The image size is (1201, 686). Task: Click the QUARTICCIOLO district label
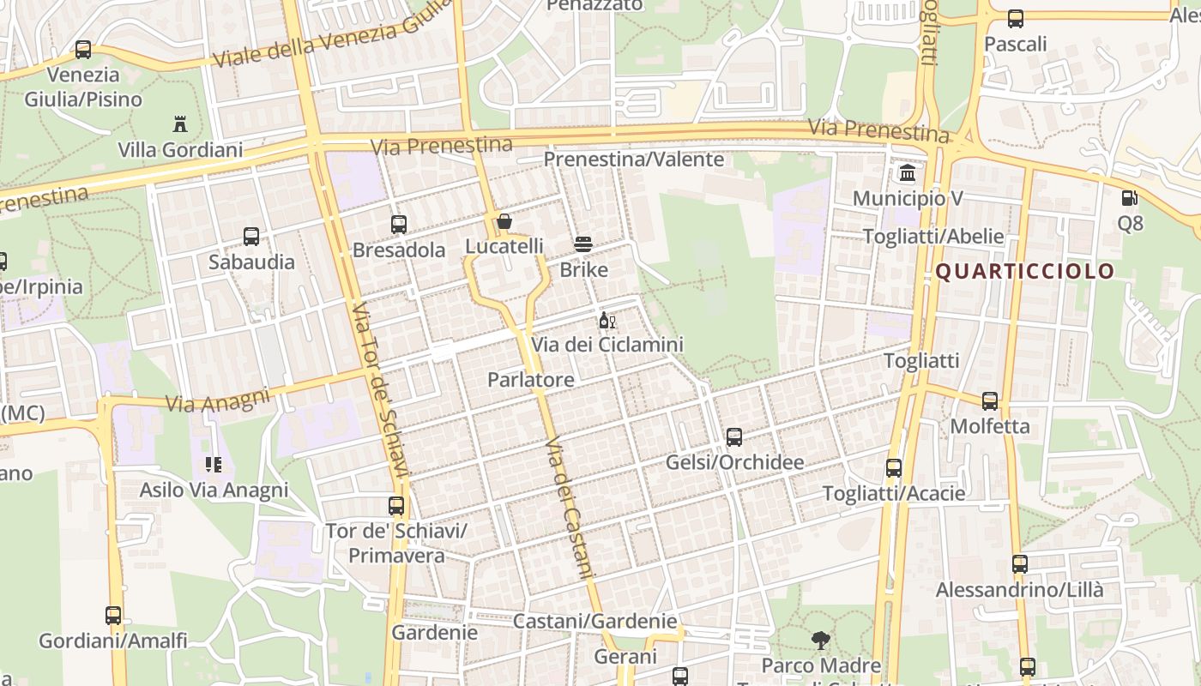pyautogui.click(x=1024, y=272)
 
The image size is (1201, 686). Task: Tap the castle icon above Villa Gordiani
pyautogui.click(x=180, y=124)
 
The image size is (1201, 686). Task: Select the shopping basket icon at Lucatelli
pyautogui.click(x=504, y=222)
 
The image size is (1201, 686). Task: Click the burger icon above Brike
pyautogui.click(x=583, y=244)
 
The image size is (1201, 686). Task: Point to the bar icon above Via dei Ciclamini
pyautogui.click(x=607, y=321)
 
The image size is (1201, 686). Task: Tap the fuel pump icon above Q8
pyautogui.click(x=1130, y=198)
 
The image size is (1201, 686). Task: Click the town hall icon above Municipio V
pyautogui.click(x=908, y=173)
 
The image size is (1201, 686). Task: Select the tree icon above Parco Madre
pyautogui.click(x=821, y=640)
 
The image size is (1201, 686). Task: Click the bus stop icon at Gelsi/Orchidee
pyautogui.click(x=734, y=437)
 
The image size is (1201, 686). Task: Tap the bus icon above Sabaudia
pyautogui.click(x=251, y=237)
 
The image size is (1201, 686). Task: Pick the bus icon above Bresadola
pyautogui.click(x=399, y=225)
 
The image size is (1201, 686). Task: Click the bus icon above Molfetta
pyautogui.click(x=990, y=400)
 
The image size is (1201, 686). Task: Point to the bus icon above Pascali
pyautogui.click(x=1016, y=18)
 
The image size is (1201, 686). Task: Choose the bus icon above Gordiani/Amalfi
pyautogui.click(x=113, y=615)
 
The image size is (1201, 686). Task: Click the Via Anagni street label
pyautogui.click(x=218, y=400)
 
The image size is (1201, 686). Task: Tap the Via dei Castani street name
pyautogui.click(x=570, y=508)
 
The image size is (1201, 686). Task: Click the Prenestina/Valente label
pyautogui.click(x=634, y=159)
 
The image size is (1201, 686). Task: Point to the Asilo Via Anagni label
pyautogui.click(x=214, y=490)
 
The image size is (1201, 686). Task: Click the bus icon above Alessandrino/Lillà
pyautogui.click(x=1020, y=564)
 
